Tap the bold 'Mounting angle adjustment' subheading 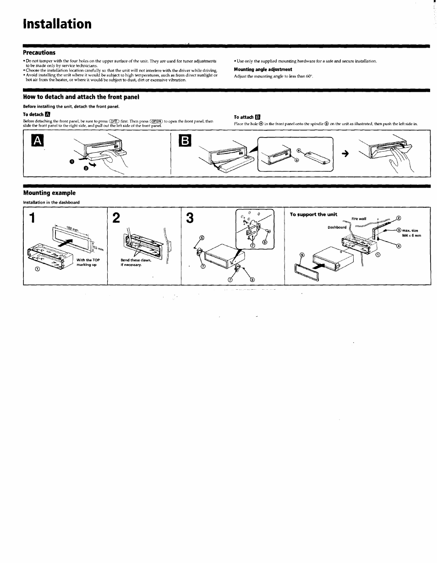(263, 70)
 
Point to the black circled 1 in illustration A (71, 162)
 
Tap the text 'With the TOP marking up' (88, 262)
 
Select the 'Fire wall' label (359, 219)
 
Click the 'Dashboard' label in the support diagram (337, 227)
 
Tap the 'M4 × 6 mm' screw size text (411, 236)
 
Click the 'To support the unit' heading (313, 214)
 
